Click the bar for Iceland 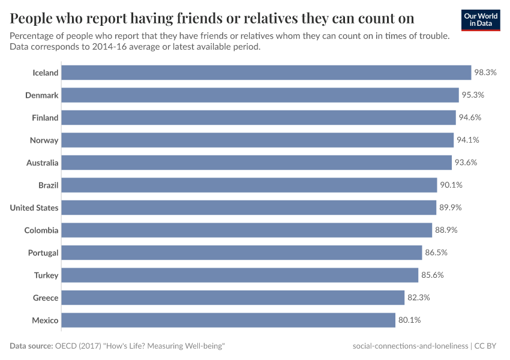pyautogui.click(x=266, y=73)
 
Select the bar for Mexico pyautogui.click(x=229, y=320)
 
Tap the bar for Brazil pyautogui.click(x=249, y=185)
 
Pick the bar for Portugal pyautogui.click(x=242, y=253)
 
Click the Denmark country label pyautogui.click(x=41, y=95)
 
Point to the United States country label pyautogui.click(x=34, y=208)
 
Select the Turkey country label pyautogui.click(x=46, y=275)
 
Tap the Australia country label pyautogui.click(x=42, y=163)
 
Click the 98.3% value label pyautogui.click(x=485, y=73)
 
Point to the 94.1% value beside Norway pyautogui.click(x=468, y=140)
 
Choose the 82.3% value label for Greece pyautogui.click(x=419, y=298)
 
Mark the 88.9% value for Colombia pyautogui.click(x=446, y=230)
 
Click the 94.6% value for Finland pyautogui.click(x=470, y=118)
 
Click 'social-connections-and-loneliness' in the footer pyautogui.click(x=411, y=346)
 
